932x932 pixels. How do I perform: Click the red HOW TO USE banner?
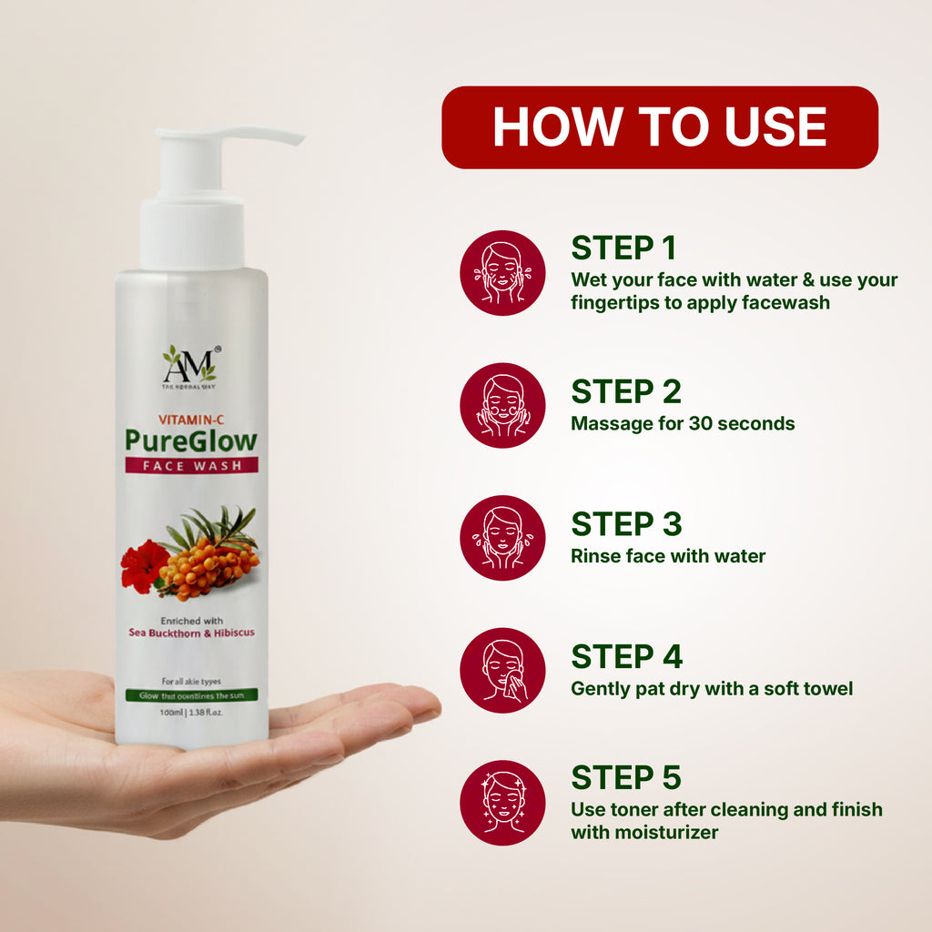click(x=659, y=127)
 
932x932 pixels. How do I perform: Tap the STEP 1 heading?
click(x=625, y=248)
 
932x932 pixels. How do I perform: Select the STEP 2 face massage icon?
click(x=502, y=405)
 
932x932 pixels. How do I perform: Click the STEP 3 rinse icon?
click(x=502, y=537)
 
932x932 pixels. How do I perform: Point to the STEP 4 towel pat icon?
click(x=502, y=670)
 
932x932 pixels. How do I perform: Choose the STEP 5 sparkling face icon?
click(x=502, y=802)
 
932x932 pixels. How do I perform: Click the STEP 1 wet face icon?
click(x=502, y=272)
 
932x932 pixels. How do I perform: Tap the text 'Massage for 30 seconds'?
click(x=683, y=423)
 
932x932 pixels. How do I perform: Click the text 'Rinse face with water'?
click(x=668, y=555)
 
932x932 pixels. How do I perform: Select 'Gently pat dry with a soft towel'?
click(x=712, y=688)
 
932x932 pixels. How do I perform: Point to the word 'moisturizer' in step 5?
click(x=644, y=832)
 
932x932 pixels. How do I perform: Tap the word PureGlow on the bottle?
click(x=191, y=441)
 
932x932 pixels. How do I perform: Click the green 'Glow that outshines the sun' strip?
click(x=191, y=694)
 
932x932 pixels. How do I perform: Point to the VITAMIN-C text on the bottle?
click(x=191, y=420)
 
